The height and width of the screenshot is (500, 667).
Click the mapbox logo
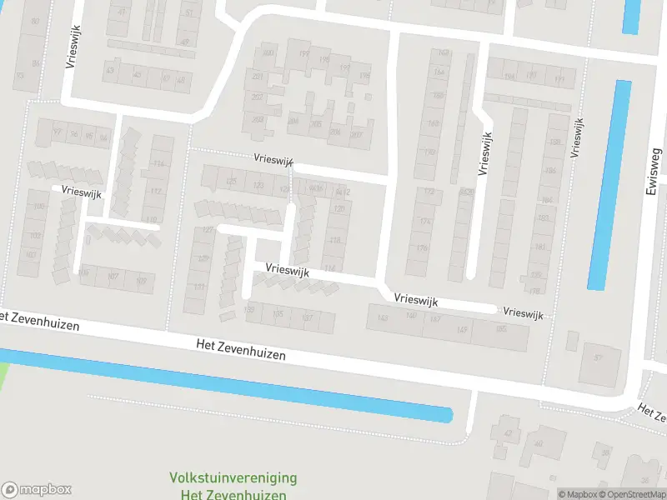point(36,490)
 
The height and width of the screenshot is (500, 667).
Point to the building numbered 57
point(598,358)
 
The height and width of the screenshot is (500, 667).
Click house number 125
point(232,182)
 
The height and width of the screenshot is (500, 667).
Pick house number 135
point(278,314)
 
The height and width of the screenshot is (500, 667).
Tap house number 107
point(114,277)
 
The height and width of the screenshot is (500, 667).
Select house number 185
point(501,330)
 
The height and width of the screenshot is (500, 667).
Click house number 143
point(383,317)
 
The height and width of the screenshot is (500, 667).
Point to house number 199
point(303,56)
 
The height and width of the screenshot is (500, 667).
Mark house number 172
point(429,192)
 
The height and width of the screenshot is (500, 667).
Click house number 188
point(554,142)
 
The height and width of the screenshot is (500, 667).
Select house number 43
point(110,71)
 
